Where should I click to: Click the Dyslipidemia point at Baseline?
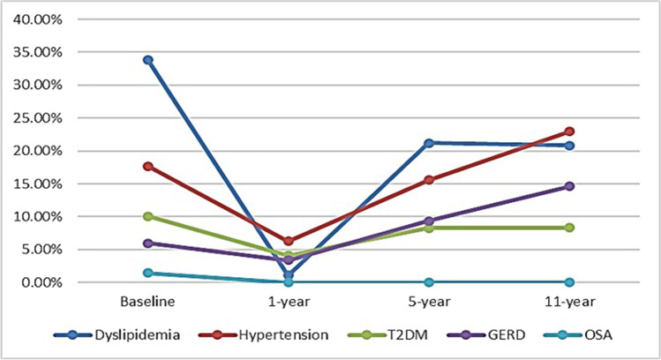pyautogui.click(x=148, y=60)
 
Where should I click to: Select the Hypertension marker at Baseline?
pyautogui.click(x=148, y=166)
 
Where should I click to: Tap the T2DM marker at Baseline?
pyautogui.click(x=148, y=216)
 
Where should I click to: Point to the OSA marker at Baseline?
pyautogui.click(x=148, y=273)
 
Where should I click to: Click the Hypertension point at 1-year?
pyautogui.click(x=289, y=241)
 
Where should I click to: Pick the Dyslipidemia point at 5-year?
pyautogui.click(x=429, y=143)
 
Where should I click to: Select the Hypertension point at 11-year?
pyautogui.click(x=569, y=131)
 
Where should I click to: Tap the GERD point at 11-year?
pyautogui.click(x=569, y=186)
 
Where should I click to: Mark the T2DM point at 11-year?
pyautogui.click(x=569, y=228)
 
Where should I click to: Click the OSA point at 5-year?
pyautogui.click(x=429, y=282)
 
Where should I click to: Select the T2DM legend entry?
pyautogui.click(x=403, y=334)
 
